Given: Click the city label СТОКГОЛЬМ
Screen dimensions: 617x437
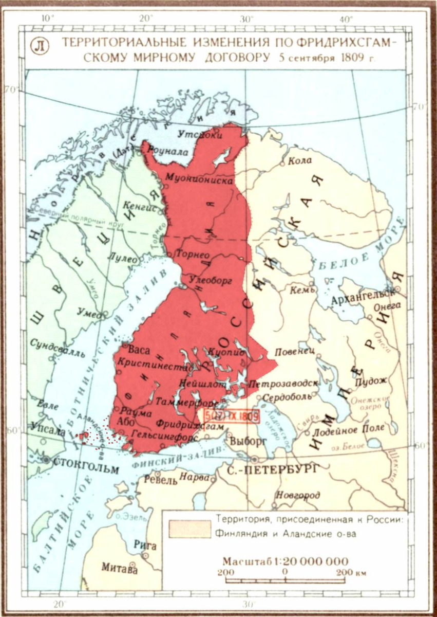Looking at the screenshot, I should [86, 469].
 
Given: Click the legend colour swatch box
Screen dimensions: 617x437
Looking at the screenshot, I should [190, 529].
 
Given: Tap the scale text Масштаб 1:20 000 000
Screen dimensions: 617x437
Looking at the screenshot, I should [285, 561].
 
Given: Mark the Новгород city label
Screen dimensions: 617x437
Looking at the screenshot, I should [298, 495].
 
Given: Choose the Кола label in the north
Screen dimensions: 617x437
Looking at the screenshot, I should [300, 160].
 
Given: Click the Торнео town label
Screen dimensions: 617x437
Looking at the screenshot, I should [191, 254].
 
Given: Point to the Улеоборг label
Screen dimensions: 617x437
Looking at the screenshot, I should [212, 280].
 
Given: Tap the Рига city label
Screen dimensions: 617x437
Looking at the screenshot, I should [141, 545].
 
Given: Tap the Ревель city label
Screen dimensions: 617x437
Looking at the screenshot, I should [161, 481].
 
